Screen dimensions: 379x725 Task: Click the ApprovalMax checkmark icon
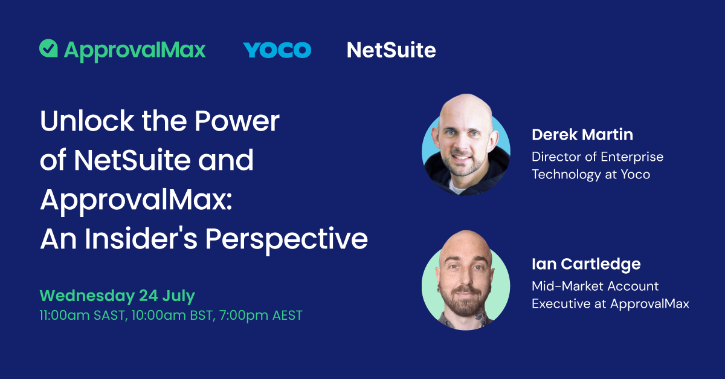48,49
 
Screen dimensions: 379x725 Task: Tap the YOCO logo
277,50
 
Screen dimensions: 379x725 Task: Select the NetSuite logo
391,50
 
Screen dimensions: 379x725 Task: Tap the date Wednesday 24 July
117,296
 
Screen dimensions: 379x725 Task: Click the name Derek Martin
582,134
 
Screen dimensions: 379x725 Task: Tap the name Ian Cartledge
586,264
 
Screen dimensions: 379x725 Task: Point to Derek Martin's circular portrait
466,151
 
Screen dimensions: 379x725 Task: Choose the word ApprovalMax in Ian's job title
649,303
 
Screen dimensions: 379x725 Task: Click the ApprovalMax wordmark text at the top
135,50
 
